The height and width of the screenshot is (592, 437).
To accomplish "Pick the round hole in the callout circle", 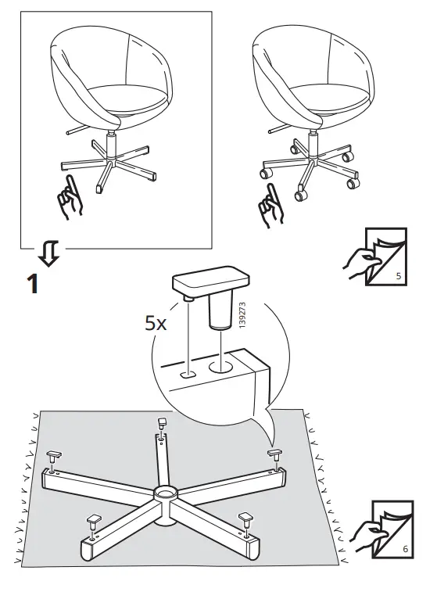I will (x=220, y=364).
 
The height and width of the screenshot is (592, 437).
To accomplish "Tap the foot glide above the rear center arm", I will (x=163, y=422).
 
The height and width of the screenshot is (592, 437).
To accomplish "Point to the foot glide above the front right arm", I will (x=246, y=517).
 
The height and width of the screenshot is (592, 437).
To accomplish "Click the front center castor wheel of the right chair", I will (x=299, y=189).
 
